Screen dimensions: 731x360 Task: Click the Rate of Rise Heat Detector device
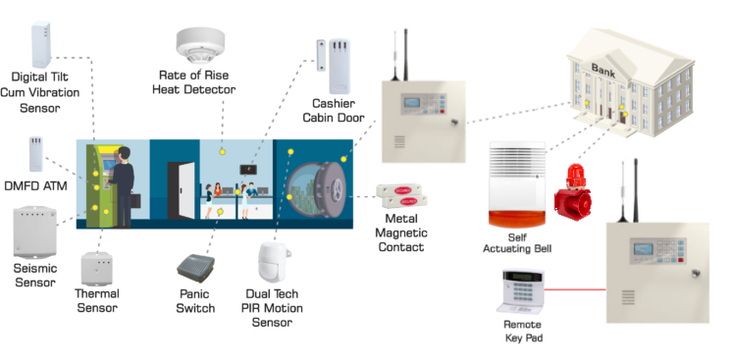point(200,45)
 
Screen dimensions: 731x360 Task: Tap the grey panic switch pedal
point(196,268)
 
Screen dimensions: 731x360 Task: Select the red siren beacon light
point(573,191)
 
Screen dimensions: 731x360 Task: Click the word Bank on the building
point(603,71)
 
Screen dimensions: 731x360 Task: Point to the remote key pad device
point(520,291)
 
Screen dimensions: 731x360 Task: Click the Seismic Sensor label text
point(35,275)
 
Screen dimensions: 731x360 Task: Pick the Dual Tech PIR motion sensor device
point(274,262)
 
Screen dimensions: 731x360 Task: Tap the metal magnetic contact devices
point(402,196)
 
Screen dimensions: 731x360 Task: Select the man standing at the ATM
point(122,186)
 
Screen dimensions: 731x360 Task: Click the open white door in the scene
point(186,189)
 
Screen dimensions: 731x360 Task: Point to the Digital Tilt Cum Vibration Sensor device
point(41,44)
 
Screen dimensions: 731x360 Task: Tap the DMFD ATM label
point(36,186)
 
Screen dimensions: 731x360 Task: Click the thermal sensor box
point(97,269)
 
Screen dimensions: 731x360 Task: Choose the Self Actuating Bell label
point(517,243)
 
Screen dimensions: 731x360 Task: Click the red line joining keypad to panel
point(575,289)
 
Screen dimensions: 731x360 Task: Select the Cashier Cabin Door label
point(334,111)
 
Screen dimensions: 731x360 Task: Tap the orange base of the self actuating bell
point(517,218)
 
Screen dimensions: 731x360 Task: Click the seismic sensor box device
point(35,232)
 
